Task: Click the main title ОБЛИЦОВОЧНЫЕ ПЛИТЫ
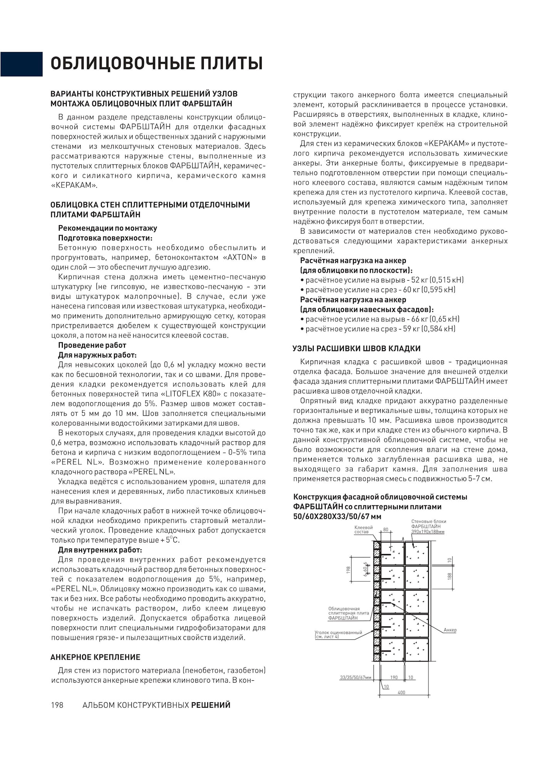[x=157, y=64]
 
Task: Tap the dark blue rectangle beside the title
[x=21, y=64]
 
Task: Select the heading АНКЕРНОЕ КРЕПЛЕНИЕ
[x=95, y=657]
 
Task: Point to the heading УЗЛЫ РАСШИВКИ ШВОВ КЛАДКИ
[x=356, y=348]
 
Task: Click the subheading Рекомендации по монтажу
[x=108, y=228]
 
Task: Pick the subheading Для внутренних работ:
[x=100, y=550]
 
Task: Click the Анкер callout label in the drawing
[x=450, y=630]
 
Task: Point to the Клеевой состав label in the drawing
[x=363, y=529]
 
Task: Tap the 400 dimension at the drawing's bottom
[x=401, y=692]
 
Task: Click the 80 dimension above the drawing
[x=386, y=530]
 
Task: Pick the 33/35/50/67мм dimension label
[x=356, y=677]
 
